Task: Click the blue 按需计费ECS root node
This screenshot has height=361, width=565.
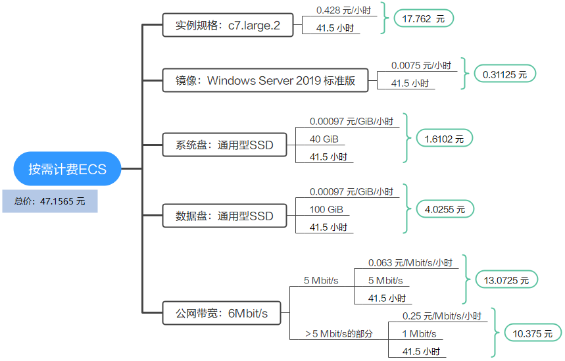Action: [x=67, y=168]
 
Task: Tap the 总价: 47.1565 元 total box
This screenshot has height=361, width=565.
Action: [x=50, y=201]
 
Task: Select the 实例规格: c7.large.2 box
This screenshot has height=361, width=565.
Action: [x=228, y=25]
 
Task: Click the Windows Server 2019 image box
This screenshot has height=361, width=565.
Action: [x=265, y=80]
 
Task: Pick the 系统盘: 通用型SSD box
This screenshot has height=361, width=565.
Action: [x=224, y=145]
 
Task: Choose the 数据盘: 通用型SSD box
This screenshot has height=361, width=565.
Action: [x=224, y=216]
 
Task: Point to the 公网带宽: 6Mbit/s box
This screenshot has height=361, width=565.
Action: [x=222, y=313]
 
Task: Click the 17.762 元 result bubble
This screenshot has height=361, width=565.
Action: [x=424, y=18]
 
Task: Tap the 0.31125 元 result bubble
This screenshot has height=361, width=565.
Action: [x=505, y=74]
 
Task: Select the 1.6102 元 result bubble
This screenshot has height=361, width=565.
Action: [x=444, y=139]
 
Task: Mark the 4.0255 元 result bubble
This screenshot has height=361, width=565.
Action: [x=445, y=209]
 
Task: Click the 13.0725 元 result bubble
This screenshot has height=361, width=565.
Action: [x=506, y=280]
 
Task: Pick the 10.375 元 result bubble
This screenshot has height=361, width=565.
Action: [x=533, y=333]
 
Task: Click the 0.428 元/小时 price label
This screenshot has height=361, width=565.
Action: [x=343, y=11]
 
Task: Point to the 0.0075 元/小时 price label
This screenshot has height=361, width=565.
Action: [x=421, y=66]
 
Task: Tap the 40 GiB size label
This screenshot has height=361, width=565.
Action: [x=324, y=139]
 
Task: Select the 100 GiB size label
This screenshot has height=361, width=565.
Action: [x=326, y=209]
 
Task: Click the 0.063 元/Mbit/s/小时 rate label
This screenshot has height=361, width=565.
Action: [x=410, y=262]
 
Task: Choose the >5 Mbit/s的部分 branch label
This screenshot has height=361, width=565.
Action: [x=339, y=333]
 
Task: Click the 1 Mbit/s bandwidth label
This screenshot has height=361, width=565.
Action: [x=419, y=334]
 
